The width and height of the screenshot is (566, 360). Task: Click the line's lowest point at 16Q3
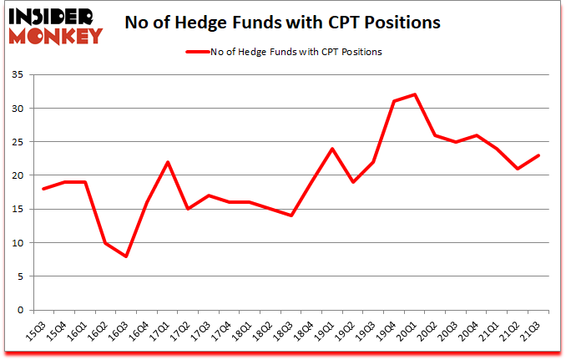tap(126, 256)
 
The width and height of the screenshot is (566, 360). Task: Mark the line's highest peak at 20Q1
tap(415, 94)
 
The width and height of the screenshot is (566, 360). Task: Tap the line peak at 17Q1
tap(168, 162)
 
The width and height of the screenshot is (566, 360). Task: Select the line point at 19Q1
tap(332, 149)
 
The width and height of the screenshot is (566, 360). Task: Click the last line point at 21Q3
tap(539, 155)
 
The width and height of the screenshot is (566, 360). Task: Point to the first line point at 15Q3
tap(43, 189)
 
